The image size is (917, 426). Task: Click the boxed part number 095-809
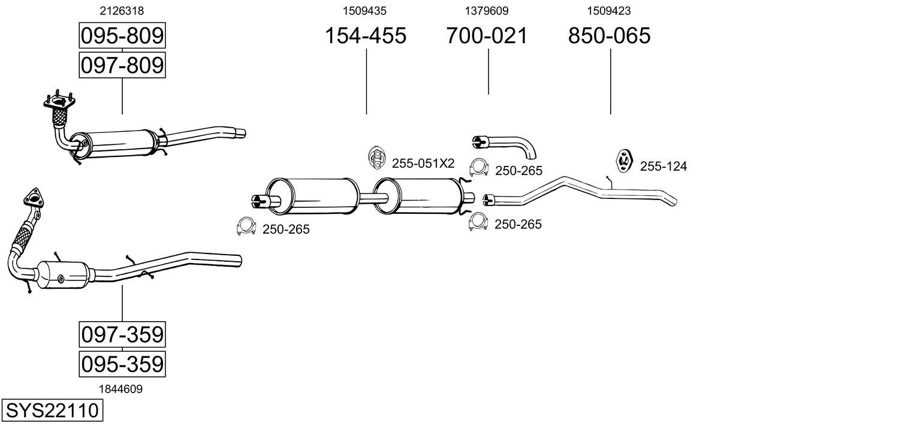tap(122, 36)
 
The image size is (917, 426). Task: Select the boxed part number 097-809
tap(122, 65)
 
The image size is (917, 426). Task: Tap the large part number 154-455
tap(365, 36)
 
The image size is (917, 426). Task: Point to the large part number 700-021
tap(487, 36)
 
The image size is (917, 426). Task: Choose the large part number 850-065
tap(609, 36)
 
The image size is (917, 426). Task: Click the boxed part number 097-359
tap(122, 334)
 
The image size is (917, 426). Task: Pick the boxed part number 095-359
tap(122, 364)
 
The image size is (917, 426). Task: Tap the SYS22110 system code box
tap(52, 411)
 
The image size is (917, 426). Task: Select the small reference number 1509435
tap(364, 11)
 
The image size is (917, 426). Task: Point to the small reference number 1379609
tap(487, 11)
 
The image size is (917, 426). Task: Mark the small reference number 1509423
tap(609, 11)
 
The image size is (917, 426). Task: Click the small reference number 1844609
tap(121, 389)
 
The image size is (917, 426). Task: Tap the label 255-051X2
tap(423, 164)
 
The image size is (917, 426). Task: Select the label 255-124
tap(663, 167)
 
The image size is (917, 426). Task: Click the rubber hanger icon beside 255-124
tap(625, 161)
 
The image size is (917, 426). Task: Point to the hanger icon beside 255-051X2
tap(376, 157)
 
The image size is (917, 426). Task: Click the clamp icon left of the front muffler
tap(246, 226)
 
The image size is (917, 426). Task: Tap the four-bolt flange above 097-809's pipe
tap(59, 102)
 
